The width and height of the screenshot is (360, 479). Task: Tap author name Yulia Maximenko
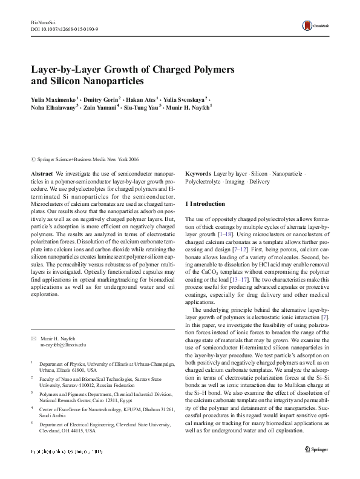54,99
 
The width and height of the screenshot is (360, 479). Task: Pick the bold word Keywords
198,173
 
